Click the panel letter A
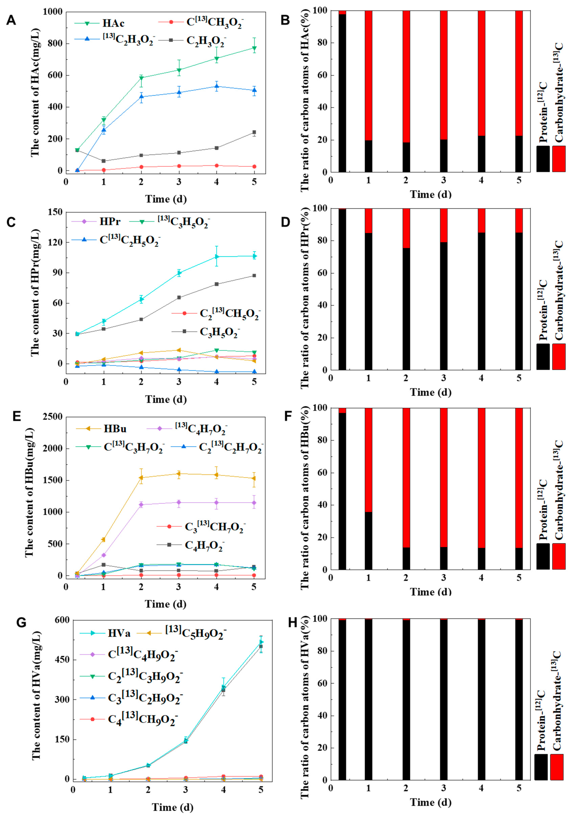click(11, 20)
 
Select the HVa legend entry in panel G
click(119, 633)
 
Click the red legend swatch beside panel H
click(557, 767)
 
